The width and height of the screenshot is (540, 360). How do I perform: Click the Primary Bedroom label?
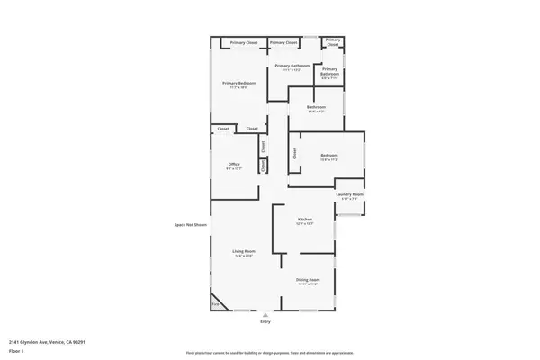pos(238,83)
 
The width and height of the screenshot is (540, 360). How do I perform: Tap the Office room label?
pos(234,164)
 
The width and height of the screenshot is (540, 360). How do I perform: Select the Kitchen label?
pos(305,220)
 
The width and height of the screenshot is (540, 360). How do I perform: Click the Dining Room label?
pos(308,280)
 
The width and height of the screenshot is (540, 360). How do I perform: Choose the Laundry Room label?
pos(349,194)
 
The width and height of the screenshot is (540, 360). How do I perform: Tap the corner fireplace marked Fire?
pos(215,304)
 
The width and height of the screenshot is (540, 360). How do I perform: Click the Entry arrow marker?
pos(265,315)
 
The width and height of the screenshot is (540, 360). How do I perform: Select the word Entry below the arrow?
pos(265,321)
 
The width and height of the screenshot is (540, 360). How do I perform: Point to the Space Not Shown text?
pos(191,224)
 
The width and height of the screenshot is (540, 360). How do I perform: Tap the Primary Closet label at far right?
pos(333,41)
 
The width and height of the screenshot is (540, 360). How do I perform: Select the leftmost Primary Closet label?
pos(244,42)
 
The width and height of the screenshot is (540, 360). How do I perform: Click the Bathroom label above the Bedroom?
pos(316,106)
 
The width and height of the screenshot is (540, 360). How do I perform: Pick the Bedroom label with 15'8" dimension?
pos(329,156)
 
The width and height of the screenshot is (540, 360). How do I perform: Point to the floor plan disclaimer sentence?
pos(269,352)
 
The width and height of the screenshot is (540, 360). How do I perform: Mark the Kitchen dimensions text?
pos(305,224)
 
